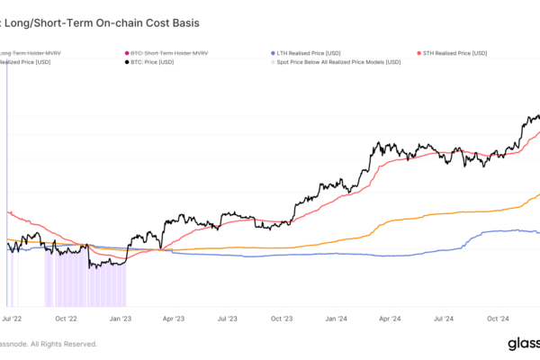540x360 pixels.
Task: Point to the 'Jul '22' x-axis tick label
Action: coord(13,318)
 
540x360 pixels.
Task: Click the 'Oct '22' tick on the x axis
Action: coord(67,318)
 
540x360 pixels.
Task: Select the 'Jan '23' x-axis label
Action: coord(122,318)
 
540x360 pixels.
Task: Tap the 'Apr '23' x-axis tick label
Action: coord(175,318)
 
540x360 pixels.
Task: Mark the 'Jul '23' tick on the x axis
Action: coord(229,318)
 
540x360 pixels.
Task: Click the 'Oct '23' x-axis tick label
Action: coord(283,318)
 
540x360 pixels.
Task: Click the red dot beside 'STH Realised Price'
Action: coord(420,55)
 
